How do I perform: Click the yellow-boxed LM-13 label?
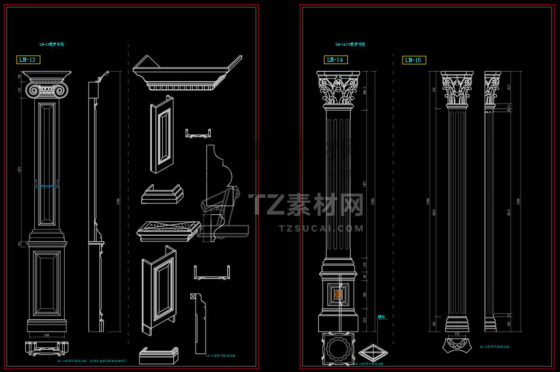[x=28, y=60]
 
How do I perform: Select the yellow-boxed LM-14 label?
[x=335, y=60]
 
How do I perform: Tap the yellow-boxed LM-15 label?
[x=414, y=60]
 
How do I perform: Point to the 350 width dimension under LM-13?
[x=47, y=335]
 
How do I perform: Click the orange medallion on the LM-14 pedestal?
[x=338, y=295]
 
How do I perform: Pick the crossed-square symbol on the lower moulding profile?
[x=192, y=296]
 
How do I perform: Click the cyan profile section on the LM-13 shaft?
[x=47, y=187]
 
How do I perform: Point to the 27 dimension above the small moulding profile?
[x=217, y=209]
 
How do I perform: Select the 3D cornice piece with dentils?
[x=186, y=74]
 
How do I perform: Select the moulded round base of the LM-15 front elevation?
[x=457, y=325]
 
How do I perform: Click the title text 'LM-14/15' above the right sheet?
[x=350, y=45]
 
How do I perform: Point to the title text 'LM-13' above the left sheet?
[x=52, y=45]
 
